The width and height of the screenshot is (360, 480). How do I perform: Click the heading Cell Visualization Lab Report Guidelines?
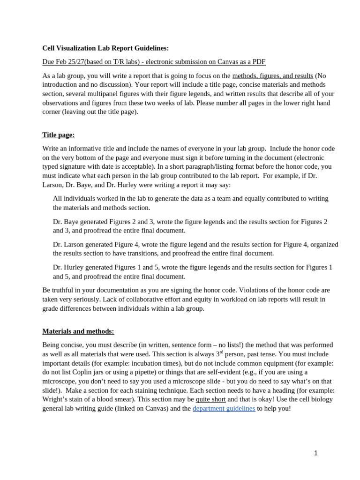coord(105,48)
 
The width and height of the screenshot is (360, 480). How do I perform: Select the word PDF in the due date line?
coord(258,62)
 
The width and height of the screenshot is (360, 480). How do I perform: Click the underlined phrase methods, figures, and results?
coord(272,75)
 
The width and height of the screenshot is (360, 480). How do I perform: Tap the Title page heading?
coord(59,135)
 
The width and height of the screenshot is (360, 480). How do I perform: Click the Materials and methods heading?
coord(78,331)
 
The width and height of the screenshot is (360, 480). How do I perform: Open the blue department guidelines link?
coord(224,408)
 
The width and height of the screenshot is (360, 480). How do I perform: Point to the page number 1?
coord(316,453)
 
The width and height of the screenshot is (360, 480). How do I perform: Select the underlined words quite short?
coord(210,399)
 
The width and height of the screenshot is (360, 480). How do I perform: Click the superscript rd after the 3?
coord(222,352)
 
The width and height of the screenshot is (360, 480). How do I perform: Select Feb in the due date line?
coord(63,62)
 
